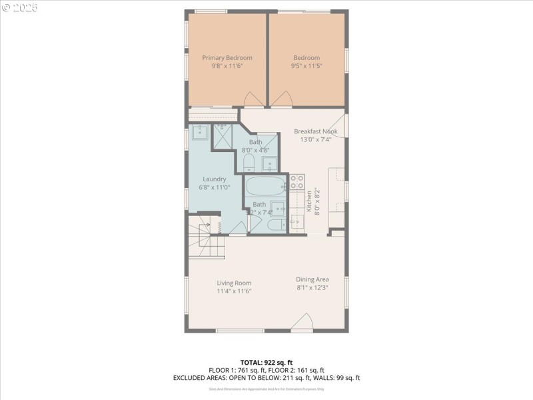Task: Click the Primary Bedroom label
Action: (x=227, y=58)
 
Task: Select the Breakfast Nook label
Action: (x=316, y=131)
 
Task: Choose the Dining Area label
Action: (x=312, y=279)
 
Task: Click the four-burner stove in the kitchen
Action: (x=296, y=182)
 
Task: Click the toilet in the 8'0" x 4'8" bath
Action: (x=249, y=163)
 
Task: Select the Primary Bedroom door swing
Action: (x=254, y=99)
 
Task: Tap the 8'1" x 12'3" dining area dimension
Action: (x=312, y=288)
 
